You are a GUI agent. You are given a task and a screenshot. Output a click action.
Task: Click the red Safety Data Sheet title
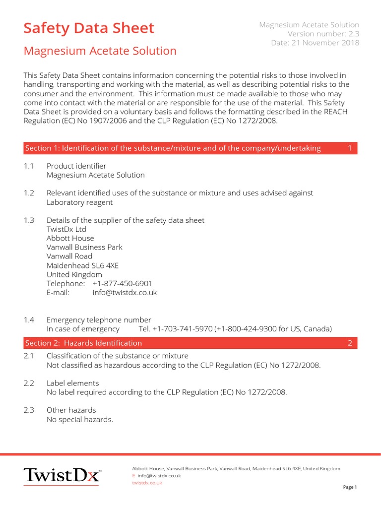pyautogui.click(x=89, y=28)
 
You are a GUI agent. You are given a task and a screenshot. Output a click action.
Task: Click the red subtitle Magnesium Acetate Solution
pyautogui.click(x=100, y=51)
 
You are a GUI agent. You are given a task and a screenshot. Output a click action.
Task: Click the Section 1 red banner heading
pyautogui.click(x=173, y=148)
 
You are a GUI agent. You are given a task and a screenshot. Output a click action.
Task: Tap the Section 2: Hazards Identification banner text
pyautogui.click(x=83, y=343)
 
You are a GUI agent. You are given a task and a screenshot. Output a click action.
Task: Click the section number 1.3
pyautogui.click(x=29, y=220)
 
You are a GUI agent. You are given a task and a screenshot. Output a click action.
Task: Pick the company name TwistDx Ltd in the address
pyautogui.click(x=66, y=229)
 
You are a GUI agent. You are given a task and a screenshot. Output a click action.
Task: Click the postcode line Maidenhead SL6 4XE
pyautogui.click(x=82, y=265)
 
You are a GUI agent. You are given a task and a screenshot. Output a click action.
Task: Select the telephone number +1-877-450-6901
pyautogui.click(x=122, y=283)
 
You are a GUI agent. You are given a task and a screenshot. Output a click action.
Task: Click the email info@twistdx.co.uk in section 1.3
pyautogui.click(x=125, y=293)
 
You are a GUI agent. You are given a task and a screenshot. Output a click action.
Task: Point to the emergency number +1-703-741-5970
pyautogui.click(x=183, y=329)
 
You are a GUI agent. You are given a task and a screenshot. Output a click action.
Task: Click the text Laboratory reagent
pyautogui.click(x=79, y=202)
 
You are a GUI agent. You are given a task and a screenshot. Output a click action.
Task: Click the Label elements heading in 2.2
pyautogui.click(x=72, y=383)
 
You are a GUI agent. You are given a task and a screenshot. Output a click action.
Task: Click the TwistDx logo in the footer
pyautogui.click(x=63, y=475)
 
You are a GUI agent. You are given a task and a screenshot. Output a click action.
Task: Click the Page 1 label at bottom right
pyautogui.click(x=350, y=487)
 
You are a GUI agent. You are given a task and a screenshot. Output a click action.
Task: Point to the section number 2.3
pyautogui.click(x=29, y=410)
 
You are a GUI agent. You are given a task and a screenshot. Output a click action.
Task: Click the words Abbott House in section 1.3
pyautogui.click(x=70, y=238)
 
